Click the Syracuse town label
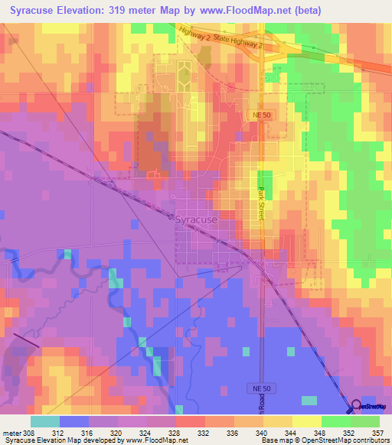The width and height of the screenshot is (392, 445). [x=196, y=219]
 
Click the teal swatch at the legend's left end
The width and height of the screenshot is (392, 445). [x=45, y=421]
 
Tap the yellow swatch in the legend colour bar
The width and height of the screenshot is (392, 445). [x=306, y=421]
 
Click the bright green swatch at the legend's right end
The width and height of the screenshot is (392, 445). [x=365, y=421]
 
